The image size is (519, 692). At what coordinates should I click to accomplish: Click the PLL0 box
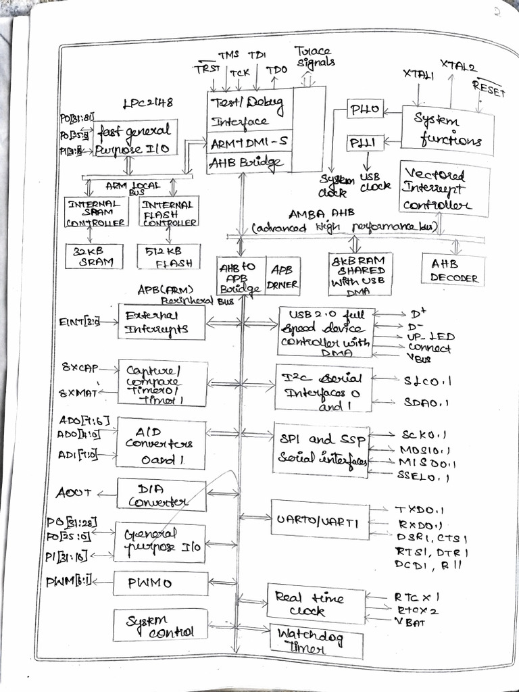point(366,109)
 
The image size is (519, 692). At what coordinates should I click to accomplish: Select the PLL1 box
point(366,143)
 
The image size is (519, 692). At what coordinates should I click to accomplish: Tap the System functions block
point(447,129)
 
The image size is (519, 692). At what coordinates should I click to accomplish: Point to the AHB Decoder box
point(453,270)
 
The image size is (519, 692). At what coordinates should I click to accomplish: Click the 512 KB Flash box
point(168,256)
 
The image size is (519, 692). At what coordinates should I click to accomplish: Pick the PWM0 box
point(160,583)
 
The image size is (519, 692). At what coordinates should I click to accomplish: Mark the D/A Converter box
point(161,495)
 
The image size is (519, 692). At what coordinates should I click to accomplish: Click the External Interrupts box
point(161,322)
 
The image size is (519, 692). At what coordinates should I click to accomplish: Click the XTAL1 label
point(418,74)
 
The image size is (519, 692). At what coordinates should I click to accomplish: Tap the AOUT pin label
point(74,493)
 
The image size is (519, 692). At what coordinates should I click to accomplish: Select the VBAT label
point(410,623)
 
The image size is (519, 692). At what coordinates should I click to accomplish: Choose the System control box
point(159,624)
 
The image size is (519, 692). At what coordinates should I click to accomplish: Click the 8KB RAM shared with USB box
point(360,274)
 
